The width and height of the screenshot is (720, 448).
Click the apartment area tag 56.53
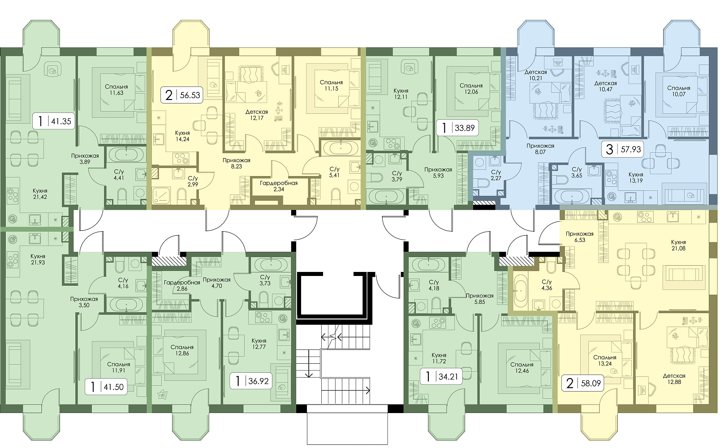(182, 95)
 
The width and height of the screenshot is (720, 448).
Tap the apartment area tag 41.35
(54, 121)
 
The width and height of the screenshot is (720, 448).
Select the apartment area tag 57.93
(623, 149)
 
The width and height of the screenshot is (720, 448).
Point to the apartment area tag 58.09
(583, 383)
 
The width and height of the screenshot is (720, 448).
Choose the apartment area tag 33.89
(457, 128)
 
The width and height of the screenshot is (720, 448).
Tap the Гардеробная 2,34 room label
(279, 186)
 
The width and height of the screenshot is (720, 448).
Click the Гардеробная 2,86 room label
(182, 285)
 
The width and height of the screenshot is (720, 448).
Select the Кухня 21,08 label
(678, 245)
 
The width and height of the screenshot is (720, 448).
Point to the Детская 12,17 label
(256, 115)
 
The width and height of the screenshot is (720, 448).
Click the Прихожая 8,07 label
(540, 149)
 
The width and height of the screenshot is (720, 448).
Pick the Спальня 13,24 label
(604, 360)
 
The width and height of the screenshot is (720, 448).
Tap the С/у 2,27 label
(496, 175)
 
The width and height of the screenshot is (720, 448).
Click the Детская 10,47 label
(606, 86)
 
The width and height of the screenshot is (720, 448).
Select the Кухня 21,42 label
(40, 194)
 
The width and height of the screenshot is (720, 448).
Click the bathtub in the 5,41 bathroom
(341, 149)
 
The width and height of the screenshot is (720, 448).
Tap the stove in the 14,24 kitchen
(181, 159)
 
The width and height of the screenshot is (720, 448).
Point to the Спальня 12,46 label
(522, 368)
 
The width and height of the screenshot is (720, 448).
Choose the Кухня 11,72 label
(439, 358)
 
